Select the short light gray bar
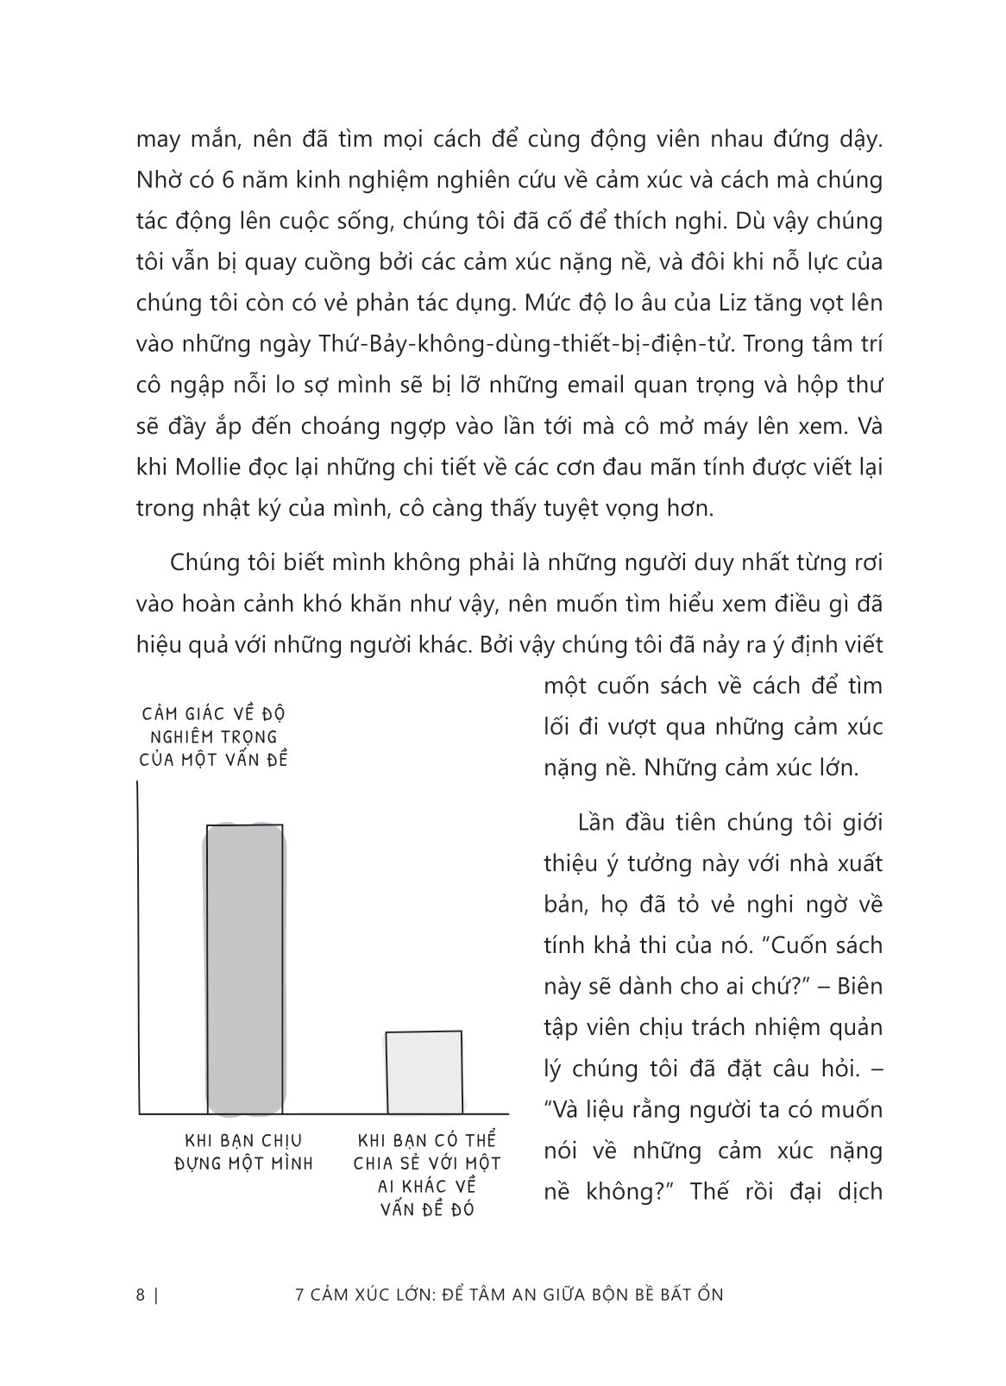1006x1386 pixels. [x=424, y=1071]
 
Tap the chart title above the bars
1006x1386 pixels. [x=212, y=737]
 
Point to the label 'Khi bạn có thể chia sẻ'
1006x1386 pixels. [x=427, y=1174]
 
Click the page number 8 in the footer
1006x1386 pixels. [x=141, y=1295]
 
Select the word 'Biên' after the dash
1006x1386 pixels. [x=859, y=985]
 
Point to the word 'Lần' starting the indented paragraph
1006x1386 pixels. [x=601, y=822]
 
